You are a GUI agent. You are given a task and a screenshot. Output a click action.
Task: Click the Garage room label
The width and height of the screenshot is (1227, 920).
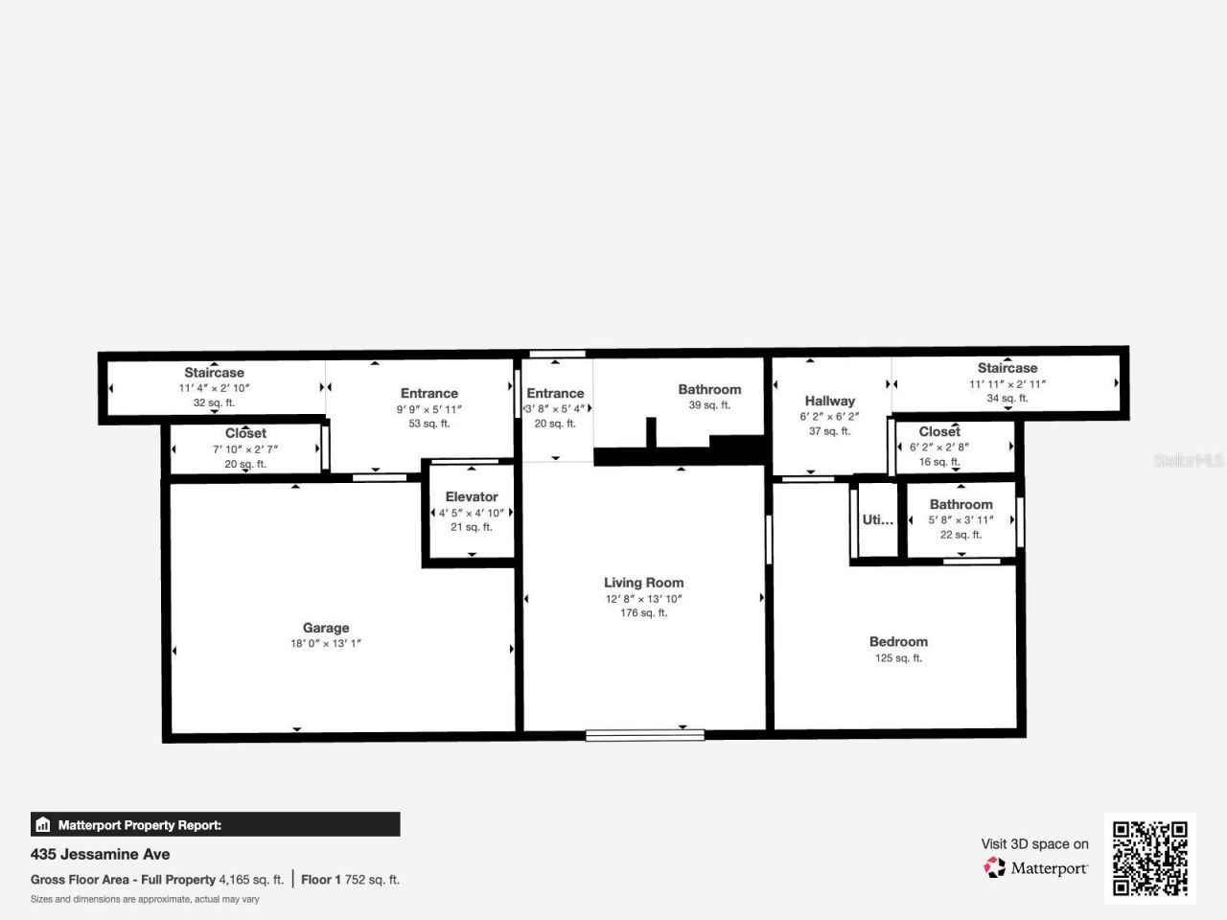tap(326, 628)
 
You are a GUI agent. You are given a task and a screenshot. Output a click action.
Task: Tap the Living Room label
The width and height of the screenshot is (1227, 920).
tap(643, 583)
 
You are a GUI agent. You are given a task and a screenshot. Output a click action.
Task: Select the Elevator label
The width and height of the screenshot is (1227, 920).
tap(472, 496)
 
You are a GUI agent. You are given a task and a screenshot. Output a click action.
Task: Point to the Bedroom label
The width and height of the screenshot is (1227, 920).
tap(898, 642)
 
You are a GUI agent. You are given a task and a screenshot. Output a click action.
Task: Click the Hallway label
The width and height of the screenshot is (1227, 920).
tap(829, 401)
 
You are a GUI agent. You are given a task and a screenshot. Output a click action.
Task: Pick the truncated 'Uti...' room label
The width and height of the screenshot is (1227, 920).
tap(877, 519)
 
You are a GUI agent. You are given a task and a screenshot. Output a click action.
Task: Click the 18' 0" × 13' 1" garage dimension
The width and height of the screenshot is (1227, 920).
tap(326, 644)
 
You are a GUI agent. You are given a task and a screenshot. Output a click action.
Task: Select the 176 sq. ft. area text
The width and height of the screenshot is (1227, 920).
tap(643, 613)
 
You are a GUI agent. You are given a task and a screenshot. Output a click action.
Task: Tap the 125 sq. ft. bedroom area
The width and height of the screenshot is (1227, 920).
tap(898, 658)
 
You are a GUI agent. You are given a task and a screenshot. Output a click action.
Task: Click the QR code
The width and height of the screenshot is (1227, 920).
tap(1149, 859)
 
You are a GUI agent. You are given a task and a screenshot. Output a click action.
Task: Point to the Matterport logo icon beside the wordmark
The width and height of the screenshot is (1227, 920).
tap(995, 868)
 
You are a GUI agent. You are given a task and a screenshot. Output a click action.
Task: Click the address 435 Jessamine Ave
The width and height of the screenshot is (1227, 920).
tap(101, 854)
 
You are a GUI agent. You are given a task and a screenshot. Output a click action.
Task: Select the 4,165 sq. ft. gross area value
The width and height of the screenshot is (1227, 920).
tap(251, 880)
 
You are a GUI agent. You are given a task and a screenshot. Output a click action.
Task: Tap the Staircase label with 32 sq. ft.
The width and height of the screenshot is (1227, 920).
tap(214, 373)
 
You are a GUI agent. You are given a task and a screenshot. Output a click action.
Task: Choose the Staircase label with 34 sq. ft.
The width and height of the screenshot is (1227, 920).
tap(1007, 368)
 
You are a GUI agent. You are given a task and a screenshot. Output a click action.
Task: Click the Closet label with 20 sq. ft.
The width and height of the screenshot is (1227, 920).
tap(245, 433)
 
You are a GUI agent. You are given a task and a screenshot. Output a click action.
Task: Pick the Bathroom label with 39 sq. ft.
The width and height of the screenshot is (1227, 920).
tap(709, 389)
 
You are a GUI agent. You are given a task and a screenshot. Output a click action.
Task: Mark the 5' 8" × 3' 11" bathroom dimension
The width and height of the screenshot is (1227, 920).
tap(961, 520)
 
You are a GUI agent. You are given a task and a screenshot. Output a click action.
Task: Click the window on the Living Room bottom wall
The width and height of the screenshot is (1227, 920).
tap(645, 735)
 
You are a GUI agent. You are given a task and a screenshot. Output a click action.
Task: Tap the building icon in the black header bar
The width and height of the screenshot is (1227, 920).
tap(42, 824)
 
